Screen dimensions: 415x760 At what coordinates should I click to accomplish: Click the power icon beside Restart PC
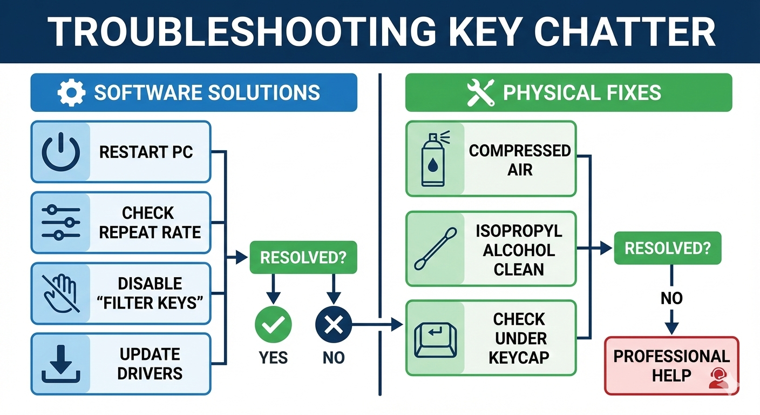point(60,152)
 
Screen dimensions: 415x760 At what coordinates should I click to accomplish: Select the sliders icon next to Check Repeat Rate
point(60,223)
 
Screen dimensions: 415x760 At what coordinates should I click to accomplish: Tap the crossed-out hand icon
point(60,293)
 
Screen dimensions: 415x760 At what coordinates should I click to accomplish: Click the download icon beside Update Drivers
point(60,363)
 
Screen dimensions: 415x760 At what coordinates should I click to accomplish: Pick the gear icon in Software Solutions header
point(71,93)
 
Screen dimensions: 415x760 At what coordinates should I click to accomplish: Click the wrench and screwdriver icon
point(480,93)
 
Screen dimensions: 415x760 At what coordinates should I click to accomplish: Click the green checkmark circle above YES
point(273,325)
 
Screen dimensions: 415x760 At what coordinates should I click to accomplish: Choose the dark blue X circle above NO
point(334,325)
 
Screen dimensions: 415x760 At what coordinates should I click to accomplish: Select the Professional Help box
point(671,366)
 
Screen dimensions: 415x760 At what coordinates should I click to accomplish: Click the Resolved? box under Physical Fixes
point(667,249)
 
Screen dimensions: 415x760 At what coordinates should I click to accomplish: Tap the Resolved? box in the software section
point(303,257)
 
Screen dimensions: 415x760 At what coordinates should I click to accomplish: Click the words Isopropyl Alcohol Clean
point(519,250)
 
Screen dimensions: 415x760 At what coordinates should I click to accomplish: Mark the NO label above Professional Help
point(671,298)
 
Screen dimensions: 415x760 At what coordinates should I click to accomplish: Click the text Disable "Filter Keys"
point(150,293)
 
